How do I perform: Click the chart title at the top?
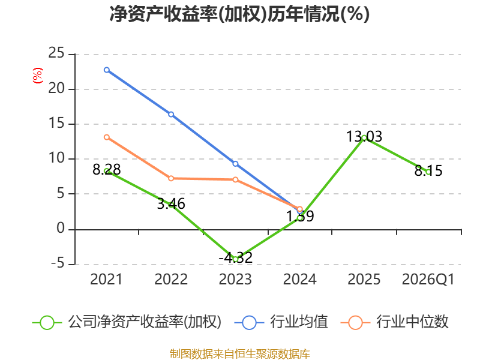239,14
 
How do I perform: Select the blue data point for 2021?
107,70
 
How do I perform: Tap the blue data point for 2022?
171,115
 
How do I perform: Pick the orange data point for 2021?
107,137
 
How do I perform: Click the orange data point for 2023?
235,179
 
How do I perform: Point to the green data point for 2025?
364,138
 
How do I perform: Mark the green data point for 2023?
235,259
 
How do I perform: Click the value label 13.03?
364,137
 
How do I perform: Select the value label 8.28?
107,170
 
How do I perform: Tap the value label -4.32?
235,258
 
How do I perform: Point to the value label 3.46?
171,204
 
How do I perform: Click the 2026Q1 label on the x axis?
428,280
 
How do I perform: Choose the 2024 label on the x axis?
299,280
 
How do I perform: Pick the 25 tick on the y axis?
56,53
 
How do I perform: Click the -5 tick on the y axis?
58,263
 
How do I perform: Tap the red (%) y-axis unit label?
37,76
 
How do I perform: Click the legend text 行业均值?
299,322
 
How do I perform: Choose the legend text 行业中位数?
412,322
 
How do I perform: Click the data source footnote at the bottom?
240,354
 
